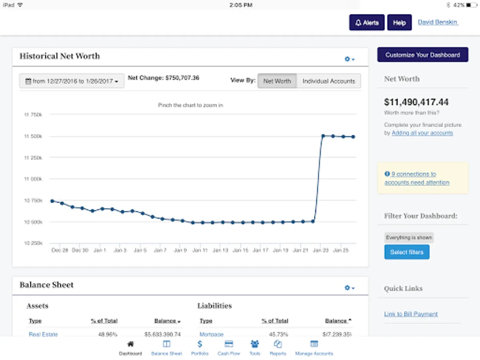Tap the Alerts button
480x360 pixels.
(367, 23)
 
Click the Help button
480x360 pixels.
(399, 23)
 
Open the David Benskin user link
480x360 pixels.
(438, 22)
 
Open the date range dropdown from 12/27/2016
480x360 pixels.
(72, 81)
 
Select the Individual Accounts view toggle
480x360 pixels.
(328, 81)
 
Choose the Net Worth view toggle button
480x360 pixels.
(277, 81)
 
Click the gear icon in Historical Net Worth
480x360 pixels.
(349, 59)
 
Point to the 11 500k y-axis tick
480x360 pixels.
(34, 136)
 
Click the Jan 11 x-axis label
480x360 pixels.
(200, 250)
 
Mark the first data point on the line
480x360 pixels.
(52, 201)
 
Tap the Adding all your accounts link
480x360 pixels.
(422, 133)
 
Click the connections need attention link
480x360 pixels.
(417, 178)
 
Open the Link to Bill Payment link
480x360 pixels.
(411, 314)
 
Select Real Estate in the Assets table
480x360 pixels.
(43, 334)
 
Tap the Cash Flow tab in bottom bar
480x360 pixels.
(229, 348)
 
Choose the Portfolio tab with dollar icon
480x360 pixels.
(200, 348)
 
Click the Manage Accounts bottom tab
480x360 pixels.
(314, 348)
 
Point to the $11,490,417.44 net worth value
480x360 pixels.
(416, 102)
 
